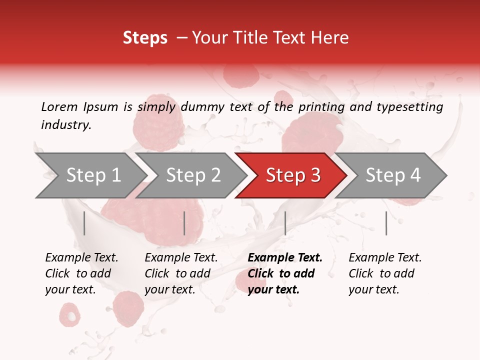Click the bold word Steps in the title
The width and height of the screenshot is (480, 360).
click(145, 37)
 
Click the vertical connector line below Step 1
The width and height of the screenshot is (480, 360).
click(84, 223)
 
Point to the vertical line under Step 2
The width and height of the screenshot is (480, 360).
click(184, 223)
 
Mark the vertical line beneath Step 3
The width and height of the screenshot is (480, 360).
click(285, 223)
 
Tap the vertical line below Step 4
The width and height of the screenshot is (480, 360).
click(386, 223)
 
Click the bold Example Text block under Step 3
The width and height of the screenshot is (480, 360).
click(285, 273)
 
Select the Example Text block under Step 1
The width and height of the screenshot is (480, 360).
click(81, 273)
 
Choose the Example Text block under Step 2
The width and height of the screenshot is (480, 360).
click(181, 273)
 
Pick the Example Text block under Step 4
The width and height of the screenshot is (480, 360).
click(385, 273)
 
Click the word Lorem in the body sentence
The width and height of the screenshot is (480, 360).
click(59, 107)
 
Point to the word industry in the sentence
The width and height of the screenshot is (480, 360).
click(65, 125)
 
